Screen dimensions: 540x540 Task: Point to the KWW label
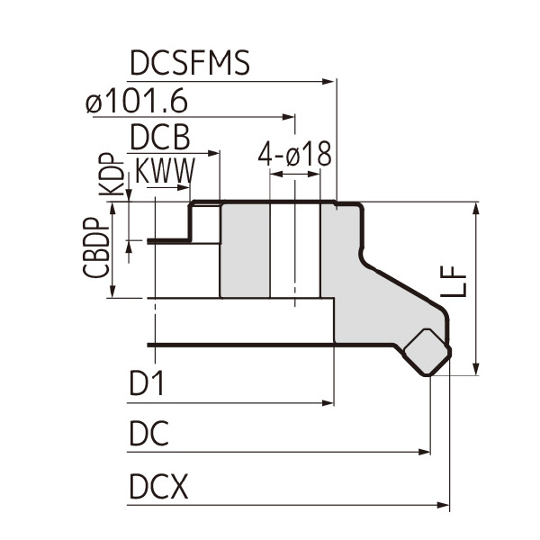coord(164,172)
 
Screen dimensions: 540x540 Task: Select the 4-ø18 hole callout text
coord(294,155)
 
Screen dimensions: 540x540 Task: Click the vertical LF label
coord(457,282)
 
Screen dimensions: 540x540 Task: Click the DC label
coord(148,436)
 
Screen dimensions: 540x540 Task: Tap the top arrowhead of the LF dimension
coord(476,208)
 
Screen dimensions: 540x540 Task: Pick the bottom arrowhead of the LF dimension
coord(476,369)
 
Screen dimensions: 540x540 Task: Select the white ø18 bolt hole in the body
coord(294,250)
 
